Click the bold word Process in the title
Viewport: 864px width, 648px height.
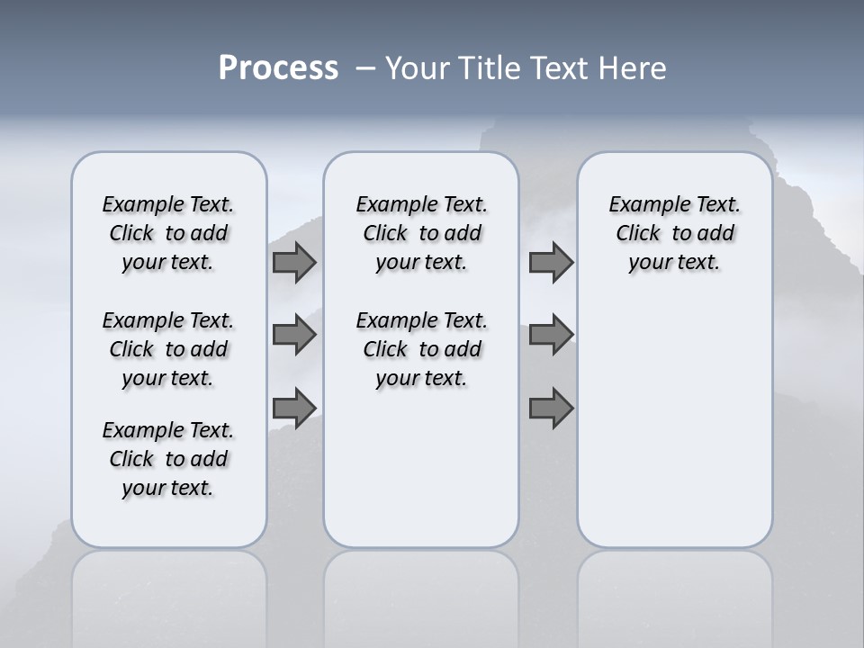278,68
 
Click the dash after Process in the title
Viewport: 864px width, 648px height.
365,69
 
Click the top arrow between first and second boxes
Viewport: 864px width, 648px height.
293,263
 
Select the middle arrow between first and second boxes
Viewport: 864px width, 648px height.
293,335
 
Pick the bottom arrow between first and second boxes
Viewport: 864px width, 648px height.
293,408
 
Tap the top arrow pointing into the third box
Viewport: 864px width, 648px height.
551,263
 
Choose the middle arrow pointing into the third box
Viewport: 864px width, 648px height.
551,335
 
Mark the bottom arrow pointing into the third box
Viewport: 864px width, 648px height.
551,408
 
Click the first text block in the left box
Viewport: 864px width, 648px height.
168,233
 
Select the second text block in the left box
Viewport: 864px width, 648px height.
168,349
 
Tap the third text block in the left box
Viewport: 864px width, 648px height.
168,459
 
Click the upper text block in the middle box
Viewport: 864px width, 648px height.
421,233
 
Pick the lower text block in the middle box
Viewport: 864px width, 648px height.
421,349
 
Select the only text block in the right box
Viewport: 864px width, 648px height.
674,233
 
